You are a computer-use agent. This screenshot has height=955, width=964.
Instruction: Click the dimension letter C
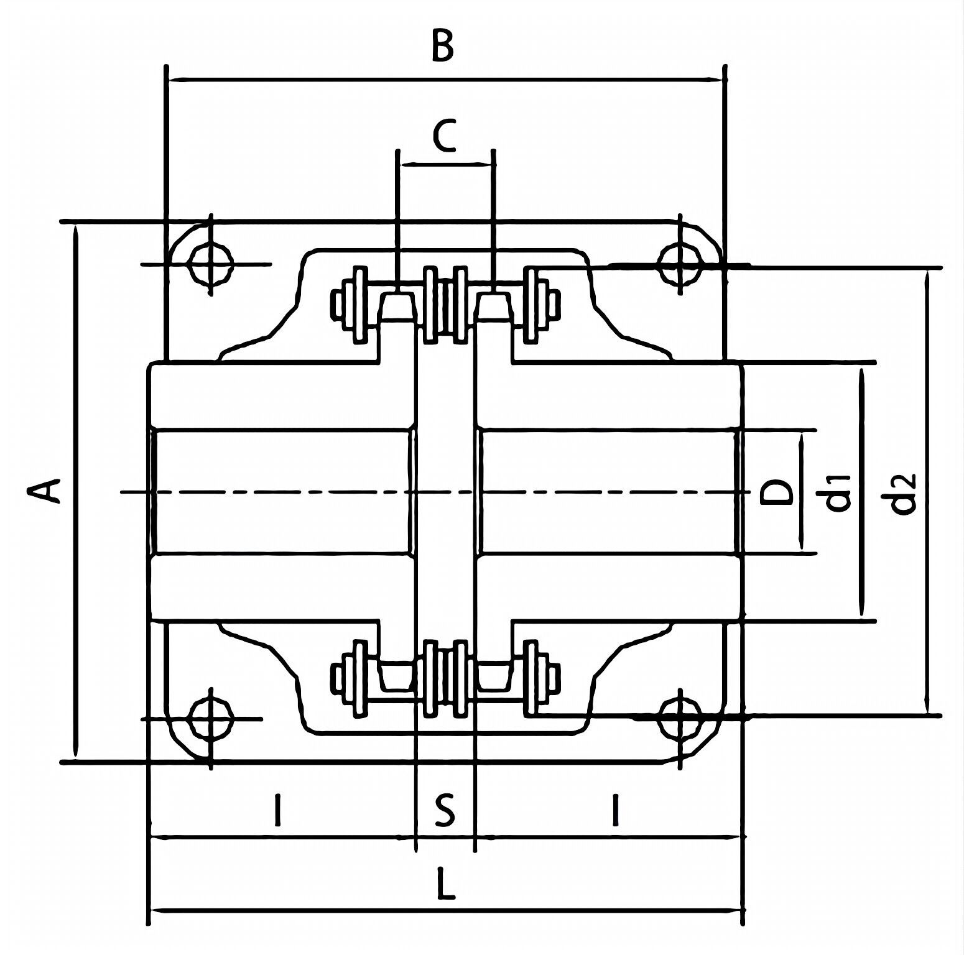click(x=445, y=136)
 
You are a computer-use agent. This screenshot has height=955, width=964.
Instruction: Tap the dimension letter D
click(x=777, y=492)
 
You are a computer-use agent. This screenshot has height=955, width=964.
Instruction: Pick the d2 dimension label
click(x=903, y=494)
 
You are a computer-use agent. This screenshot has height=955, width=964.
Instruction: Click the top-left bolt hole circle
click(x=211, y=264)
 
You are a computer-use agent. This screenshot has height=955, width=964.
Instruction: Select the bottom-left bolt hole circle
click(x=211, y=719)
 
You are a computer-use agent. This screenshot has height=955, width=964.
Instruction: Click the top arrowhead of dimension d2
click(x=927, y=277)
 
